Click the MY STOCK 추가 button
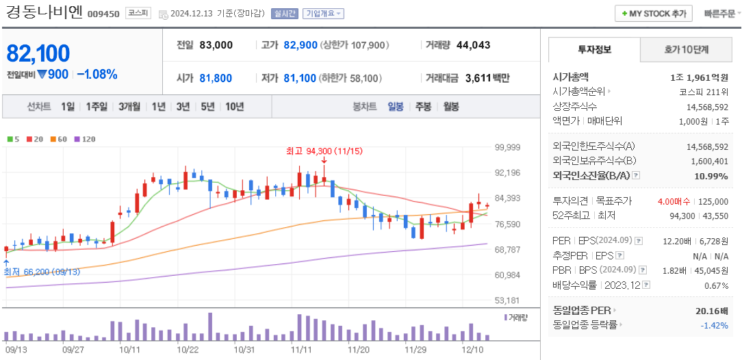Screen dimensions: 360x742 click(653, 14)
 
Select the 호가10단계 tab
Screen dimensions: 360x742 click(687, 50)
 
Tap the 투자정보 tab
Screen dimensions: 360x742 click(594, 50)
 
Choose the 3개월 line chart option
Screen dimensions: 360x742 click(129, 107)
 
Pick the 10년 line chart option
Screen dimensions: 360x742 click(234, 107)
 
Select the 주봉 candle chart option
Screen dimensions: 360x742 click(423, 107)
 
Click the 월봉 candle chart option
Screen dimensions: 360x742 click(451, 107)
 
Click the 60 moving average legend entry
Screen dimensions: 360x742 click(58, 140)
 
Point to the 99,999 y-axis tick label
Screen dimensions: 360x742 click(507, 147)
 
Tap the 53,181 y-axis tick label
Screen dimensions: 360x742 click(507, 300)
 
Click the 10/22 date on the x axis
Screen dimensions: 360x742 click(188, 348)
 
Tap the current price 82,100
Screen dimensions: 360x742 click(38, 53)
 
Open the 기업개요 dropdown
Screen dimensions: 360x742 click(323, 14)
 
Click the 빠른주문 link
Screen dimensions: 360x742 click(719, 14)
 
